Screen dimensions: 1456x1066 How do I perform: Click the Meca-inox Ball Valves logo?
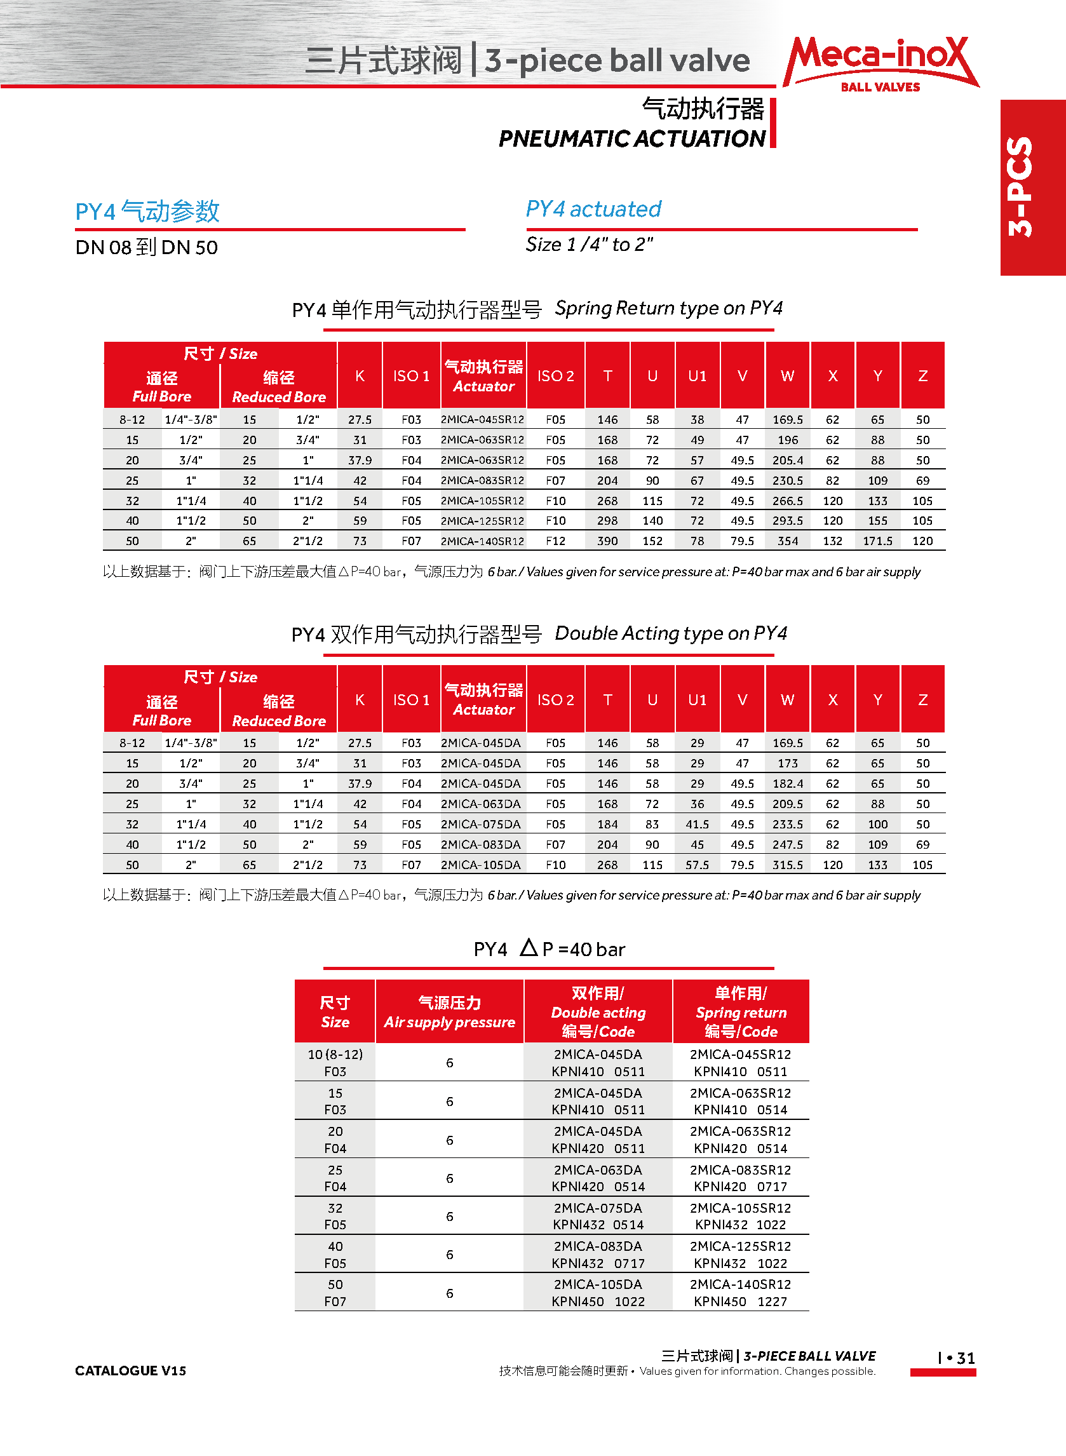click(880, 64)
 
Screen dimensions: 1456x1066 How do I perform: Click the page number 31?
click(965, 1358)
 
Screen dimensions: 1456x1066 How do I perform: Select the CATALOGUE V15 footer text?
click(130, 1370)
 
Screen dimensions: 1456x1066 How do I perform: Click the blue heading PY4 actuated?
click(593, 209)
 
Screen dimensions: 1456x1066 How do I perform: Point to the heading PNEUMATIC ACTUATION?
click(631, 138)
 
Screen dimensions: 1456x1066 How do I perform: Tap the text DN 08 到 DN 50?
click(147, 247)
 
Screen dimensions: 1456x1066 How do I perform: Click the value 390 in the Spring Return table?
click(607, 541)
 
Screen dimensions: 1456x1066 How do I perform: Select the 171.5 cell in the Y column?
click(877, 541)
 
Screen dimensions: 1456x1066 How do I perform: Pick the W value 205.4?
click(787, 461)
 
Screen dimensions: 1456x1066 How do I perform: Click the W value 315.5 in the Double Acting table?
click(787, 865)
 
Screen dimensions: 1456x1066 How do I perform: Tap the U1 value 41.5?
click(697, 825)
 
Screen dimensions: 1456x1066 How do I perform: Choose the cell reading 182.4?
click(787, 784)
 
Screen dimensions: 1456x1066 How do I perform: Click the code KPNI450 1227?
click(740, 1302)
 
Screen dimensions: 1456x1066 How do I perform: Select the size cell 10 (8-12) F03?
click(335, 1063)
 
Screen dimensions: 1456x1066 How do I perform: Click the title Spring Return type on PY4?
click(668, 308)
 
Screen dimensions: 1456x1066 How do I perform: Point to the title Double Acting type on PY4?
click(670, 633)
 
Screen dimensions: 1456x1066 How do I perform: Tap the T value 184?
click(607, 825)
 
